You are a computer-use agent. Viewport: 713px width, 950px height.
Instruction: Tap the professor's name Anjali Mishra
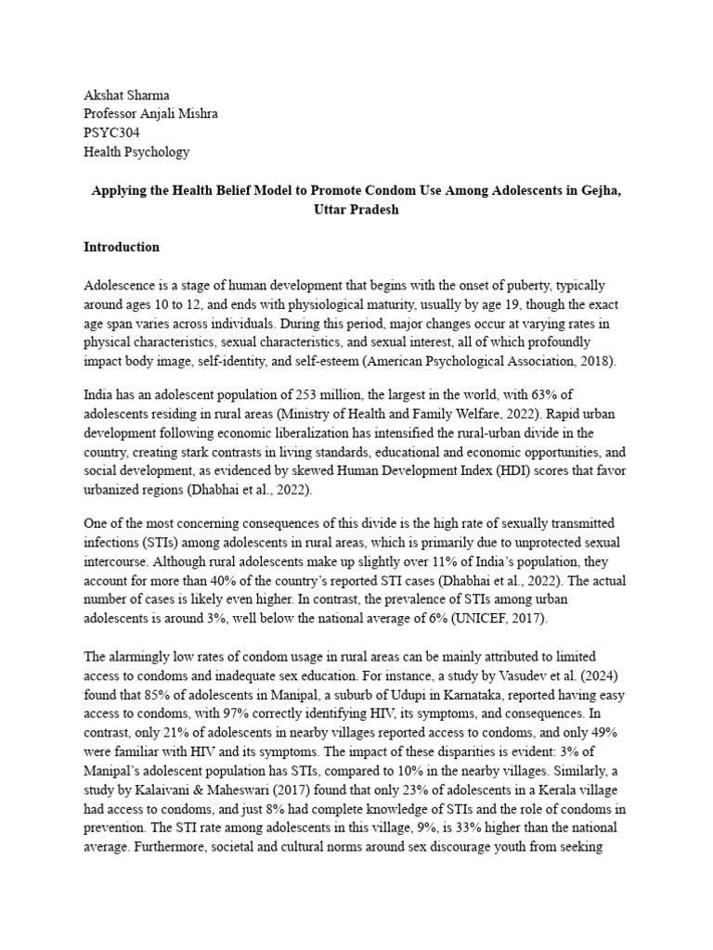click(x=189, y=114)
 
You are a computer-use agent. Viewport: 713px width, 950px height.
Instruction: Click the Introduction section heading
click(x=122, y=248)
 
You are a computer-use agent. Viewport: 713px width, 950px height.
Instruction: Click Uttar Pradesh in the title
click(x=356, y=209)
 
